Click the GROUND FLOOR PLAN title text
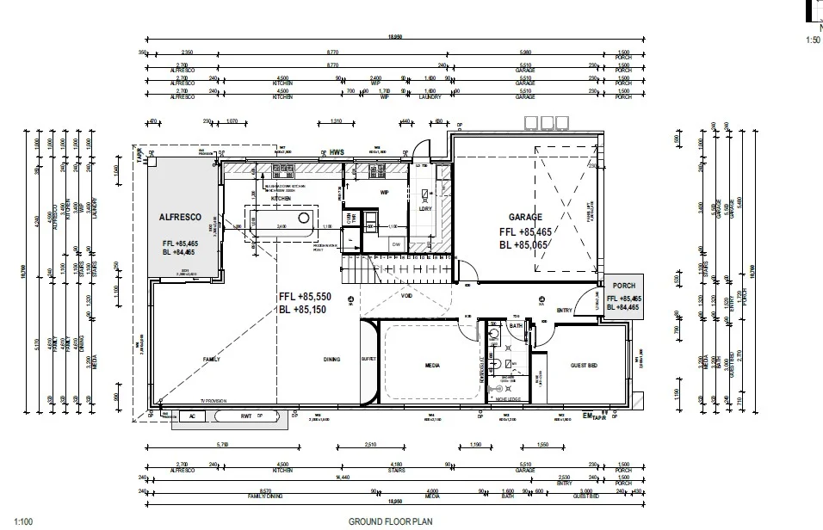point(389,521)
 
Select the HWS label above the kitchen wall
point(337,153)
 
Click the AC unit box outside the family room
point(192,416)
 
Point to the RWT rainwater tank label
point(245,416)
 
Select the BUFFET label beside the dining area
point(368,359)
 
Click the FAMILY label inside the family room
point(210,359)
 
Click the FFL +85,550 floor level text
point(305,297)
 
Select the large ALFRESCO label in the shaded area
point(180,218)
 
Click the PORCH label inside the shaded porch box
point(623,287)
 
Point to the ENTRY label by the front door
point(565,311)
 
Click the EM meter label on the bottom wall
point(588,416)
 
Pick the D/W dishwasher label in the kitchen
point(395,244)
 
